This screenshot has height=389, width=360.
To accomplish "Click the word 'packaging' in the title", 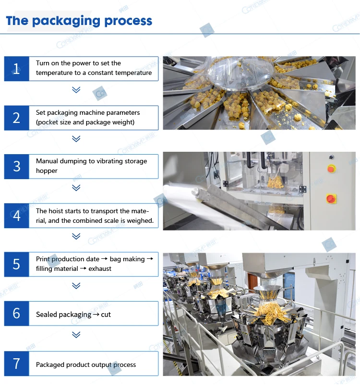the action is pos(66,21).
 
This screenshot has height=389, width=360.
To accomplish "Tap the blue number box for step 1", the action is pos(17,69).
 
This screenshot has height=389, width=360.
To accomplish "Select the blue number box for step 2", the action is pos(17,118).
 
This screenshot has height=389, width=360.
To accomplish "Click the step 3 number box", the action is pos(17,167).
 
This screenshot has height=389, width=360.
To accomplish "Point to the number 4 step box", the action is pos(17,216).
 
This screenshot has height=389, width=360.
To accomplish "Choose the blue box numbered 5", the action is pos(17,264).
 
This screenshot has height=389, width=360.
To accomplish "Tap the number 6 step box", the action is pos(17,313).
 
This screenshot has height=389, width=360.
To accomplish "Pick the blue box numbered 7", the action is pos(17,364).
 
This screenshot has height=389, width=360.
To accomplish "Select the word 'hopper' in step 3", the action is pos(47,171).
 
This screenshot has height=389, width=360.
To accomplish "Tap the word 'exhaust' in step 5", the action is pos(100,268).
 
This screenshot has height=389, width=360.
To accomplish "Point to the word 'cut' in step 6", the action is pos(106,315).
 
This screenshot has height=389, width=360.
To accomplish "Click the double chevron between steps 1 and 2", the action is pos(76,89).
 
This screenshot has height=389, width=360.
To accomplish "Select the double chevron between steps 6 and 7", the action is pos(76,335).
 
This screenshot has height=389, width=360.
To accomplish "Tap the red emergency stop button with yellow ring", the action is pos(331,169).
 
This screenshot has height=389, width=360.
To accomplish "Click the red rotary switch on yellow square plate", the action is pos(331,199).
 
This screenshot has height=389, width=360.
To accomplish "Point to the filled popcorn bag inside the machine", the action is pos(275,181).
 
